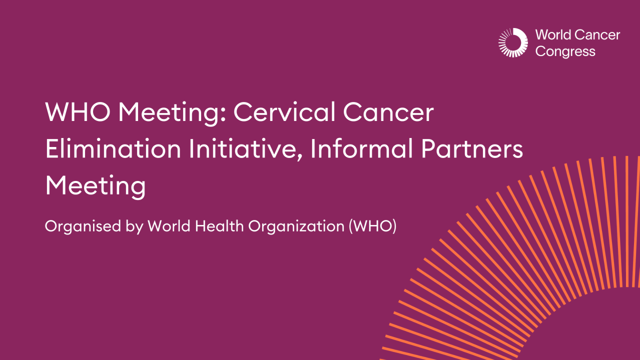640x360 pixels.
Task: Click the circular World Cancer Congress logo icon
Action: (513, 42)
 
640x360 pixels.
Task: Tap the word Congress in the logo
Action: (565, 51)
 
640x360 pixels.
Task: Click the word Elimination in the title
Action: (113, 149)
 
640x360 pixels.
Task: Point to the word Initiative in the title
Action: (243, 149)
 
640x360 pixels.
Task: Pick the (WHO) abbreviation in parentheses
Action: (371, 226)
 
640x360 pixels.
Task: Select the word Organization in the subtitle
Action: (295, 226)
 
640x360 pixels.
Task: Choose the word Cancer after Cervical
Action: (388, 112)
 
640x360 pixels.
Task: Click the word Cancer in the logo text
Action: (597, 35)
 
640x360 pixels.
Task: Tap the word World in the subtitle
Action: (169, 226)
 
